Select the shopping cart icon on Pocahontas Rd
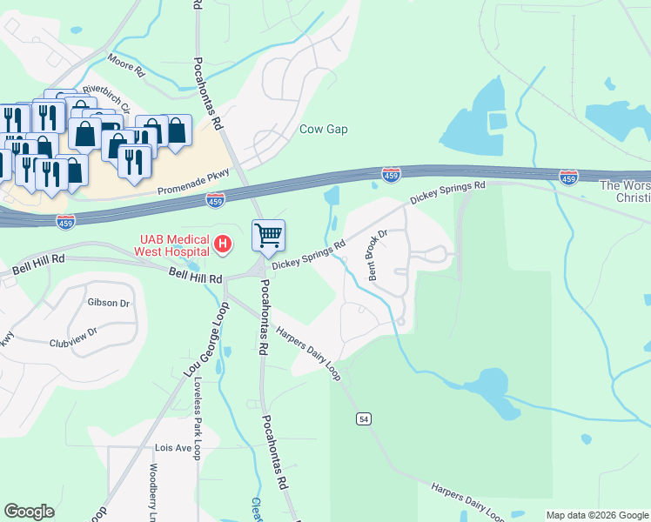point(268,234)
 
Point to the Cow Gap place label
point(324,130)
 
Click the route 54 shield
point(364,419)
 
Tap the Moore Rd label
point(124,62)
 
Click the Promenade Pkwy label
point(193,182)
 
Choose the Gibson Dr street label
point(108,304)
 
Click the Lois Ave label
point(172,448)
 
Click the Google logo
point(29,512)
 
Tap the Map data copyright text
point(596,515)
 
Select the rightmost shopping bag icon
point(177,131)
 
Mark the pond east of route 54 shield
point(488,383)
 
